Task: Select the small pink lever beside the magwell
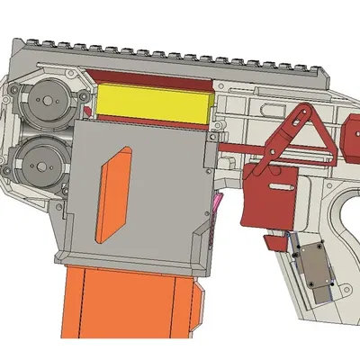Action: (x=218, y=206)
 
